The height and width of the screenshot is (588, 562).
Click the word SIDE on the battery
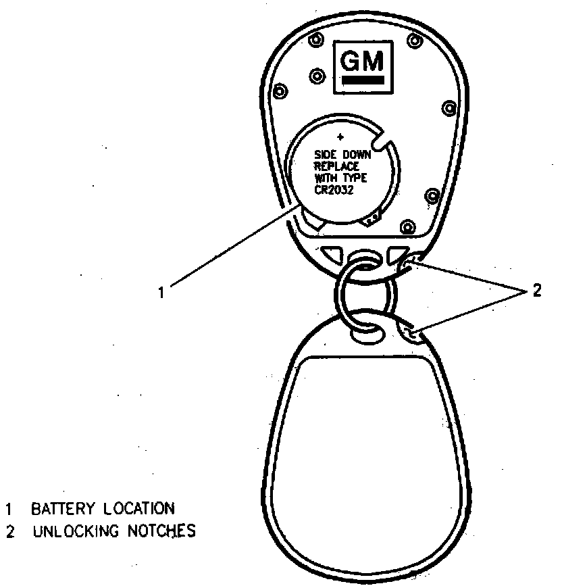326,155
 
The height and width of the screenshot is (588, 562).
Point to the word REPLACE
337,166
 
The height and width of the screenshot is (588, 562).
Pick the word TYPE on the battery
355,178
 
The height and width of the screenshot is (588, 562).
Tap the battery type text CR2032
335,190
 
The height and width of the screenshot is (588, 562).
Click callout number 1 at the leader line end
161,292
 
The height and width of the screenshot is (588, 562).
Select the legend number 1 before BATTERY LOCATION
9,508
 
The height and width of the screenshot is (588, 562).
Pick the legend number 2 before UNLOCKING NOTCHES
9,531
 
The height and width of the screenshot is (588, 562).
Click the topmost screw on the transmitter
313,41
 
